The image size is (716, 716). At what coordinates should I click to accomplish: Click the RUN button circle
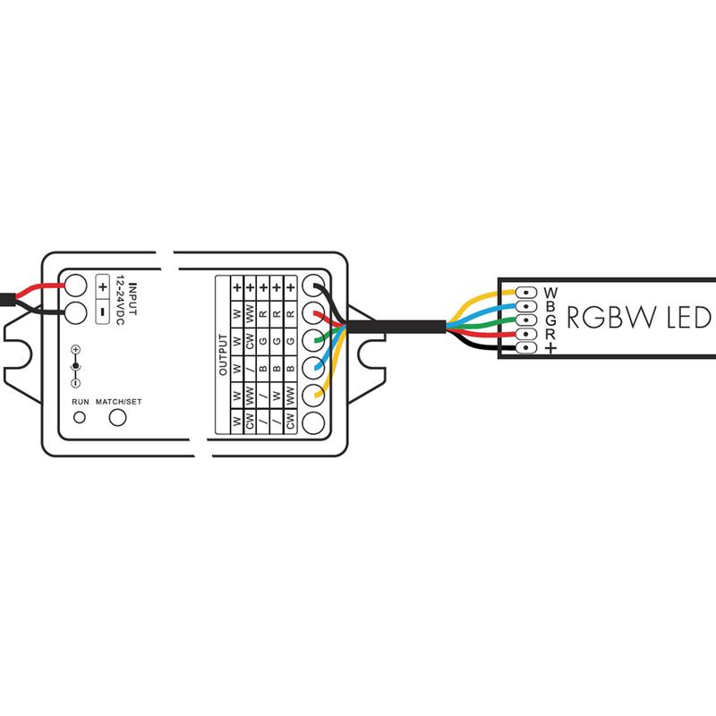79,418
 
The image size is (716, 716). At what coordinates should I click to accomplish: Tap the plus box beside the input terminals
102,288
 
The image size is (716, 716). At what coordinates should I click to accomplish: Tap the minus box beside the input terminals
102,312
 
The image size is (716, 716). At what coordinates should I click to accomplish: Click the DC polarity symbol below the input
76,367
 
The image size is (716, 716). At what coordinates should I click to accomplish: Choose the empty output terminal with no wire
314,423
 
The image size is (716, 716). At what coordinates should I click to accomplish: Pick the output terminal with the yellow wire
314,396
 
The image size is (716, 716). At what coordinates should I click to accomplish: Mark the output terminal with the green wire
314,341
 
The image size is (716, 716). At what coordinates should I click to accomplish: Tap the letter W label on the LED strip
550,293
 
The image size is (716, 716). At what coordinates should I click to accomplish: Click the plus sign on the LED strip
550,348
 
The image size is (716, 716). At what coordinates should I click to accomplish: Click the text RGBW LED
637,318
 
